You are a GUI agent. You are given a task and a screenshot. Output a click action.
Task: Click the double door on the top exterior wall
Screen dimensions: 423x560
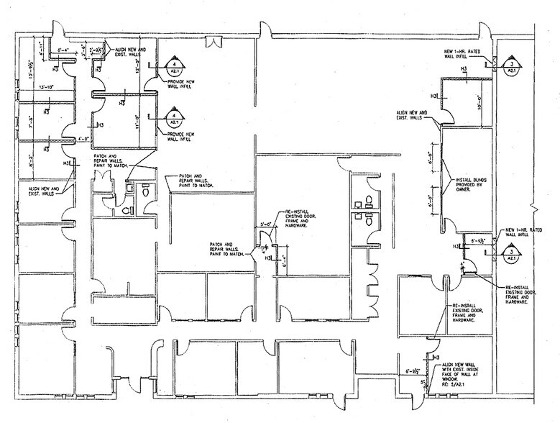point(214,40)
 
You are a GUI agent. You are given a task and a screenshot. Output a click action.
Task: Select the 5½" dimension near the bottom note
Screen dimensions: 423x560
point(425,382)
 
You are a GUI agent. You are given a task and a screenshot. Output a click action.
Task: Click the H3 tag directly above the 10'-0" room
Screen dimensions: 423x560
point(464,70)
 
